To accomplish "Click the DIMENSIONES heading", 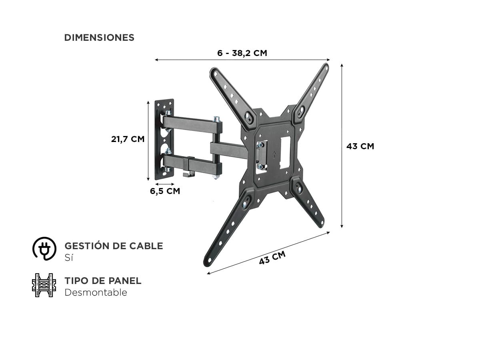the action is [99, 38].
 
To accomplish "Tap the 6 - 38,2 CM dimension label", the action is [242, 53].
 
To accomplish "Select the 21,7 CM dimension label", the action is [128, 139].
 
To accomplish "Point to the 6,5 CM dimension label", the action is [165, 191].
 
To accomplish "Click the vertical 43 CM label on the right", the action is [360, 146].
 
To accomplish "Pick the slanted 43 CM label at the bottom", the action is [272, 258].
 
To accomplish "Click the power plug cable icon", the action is [44, 248].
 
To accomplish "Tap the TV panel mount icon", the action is [44, 285].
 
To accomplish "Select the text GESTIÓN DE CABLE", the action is [114, 246].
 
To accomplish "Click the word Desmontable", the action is [96, 292].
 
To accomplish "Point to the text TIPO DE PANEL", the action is [103, 281].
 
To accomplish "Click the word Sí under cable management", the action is [69, 258].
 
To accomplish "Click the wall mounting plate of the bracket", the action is [164, 140].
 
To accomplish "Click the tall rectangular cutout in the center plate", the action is [285, 152].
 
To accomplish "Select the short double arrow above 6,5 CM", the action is [165, 184].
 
